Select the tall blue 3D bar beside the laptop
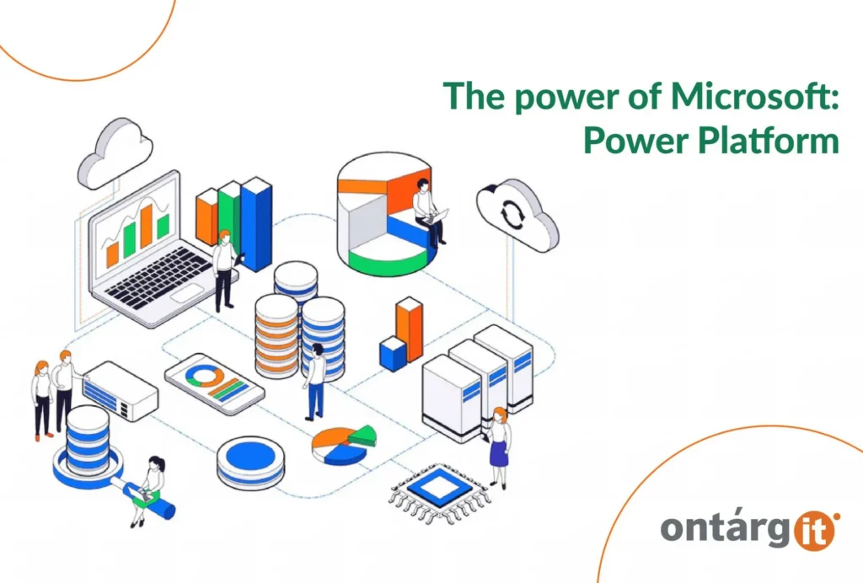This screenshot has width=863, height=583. click(255, 224)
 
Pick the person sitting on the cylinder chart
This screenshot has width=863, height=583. click(426, 210)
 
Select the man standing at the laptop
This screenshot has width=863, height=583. click(223, 269)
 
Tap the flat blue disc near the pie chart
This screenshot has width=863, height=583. click(250, 460)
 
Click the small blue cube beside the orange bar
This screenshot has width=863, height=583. click(393, 353)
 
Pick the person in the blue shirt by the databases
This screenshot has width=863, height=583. click(315, 380)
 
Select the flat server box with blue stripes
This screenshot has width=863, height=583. click(120, 389)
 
